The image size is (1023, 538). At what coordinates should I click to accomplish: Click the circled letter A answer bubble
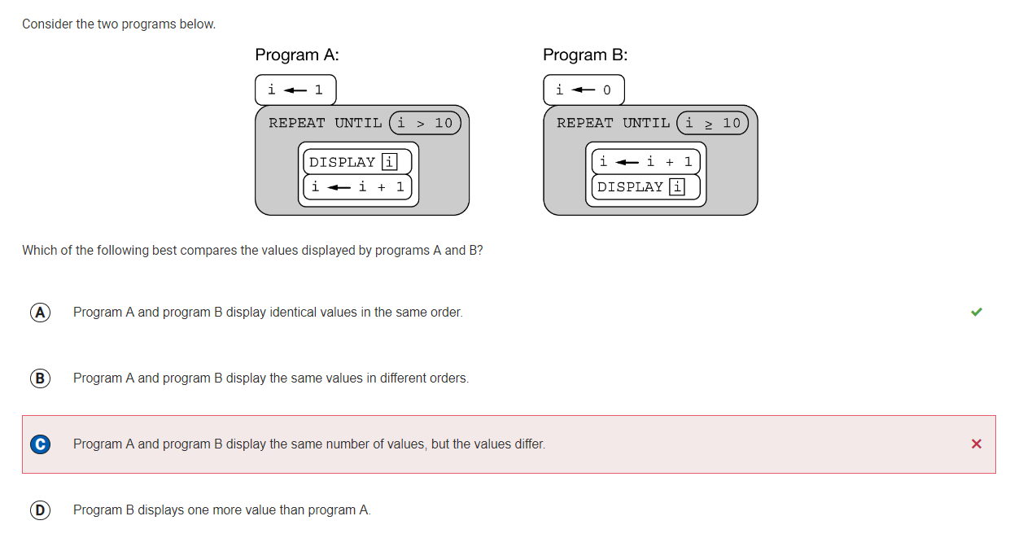click(x=40, y=313)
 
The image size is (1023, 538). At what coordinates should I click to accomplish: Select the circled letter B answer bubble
click(x=40, y=378)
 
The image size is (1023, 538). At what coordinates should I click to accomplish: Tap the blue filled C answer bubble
click(x=40, y=444)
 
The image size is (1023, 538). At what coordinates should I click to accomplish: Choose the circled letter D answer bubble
click(x=40, y=510)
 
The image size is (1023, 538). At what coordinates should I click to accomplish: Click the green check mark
click(x=976, y=312)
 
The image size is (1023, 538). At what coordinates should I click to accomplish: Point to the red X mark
click(x=976, y=444)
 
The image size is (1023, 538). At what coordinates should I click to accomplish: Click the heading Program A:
click(x=297, y=55)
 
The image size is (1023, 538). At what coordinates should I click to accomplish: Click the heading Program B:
click(x=585, y=55)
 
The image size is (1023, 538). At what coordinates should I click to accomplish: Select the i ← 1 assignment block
click(x=295, y=90)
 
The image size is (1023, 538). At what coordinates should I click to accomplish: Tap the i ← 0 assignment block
click(x=584, y=90)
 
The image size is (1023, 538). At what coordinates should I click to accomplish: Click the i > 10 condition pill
click(x=425, y=123)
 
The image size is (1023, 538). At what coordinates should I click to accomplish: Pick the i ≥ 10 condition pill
click(x=712, y=123)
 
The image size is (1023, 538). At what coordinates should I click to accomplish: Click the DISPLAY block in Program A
click(x=357, y=162)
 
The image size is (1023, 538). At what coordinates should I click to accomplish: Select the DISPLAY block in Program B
click(x=645, y=186)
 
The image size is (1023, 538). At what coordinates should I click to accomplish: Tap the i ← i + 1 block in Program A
click(x=357, y=186)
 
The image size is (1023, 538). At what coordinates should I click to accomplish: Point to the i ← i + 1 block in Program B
click(x=645, y=162)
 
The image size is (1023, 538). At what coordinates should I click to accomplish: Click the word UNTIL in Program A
click(x=358, y=123)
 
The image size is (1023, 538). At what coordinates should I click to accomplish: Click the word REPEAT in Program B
click(x=584, y=123)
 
